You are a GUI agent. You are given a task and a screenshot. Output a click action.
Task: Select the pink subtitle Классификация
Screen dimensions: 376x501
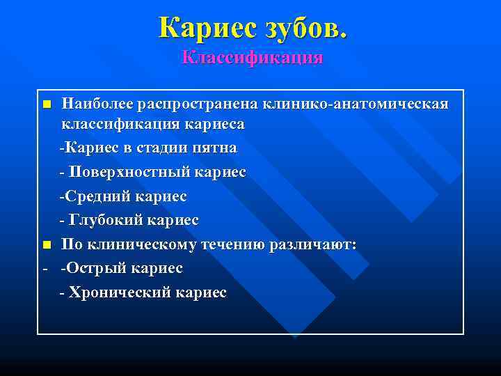click(252, 56)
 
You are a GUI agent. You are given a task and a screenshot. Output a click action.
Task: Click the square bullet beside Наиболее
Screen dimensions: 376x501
click(46, 104)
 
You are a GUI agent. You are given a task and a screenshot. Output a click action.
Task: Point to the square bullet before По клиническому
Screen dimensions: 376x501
click(46, 245)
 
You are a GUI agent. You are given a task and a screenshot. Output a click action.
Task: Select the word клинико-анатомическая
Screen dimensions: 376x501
click(356, 104)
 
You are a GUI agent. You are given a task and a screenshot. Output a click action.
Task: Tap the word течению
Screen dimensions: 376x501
click(232, 244)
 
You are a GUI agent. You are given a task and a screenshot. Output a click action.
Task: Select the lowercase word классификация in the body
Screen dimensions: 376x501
click(121, 125)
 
